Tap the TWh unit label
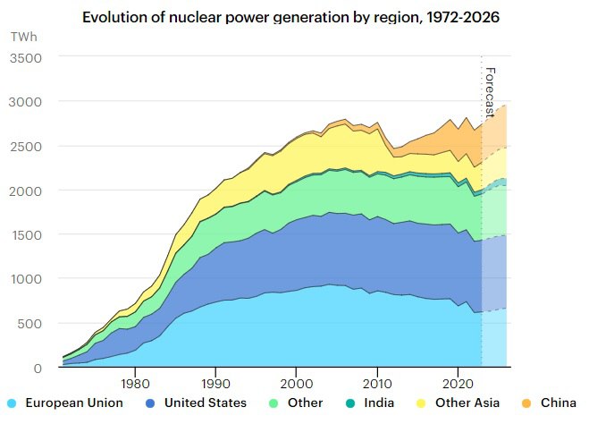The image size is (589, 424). tap(21, 38)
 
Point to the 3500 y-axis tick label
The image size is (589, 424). tap(26, 57)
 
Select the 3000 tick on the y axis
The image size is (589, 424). tap(26, 102)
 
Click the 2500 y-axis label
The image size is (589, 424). tap(26, 146)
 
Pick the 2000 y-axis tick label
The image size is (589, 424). tap(26, 191)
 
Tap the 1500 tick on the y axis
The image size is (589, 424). tap(27, 234)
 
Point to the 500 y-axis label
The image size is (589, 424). tap(30, 323)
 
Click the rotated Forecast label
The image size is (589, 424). tap(490, 92)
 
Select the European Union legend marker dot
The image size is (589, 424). tap(11, 403)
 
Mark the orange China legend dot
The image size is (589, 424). tap(524, 403)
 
